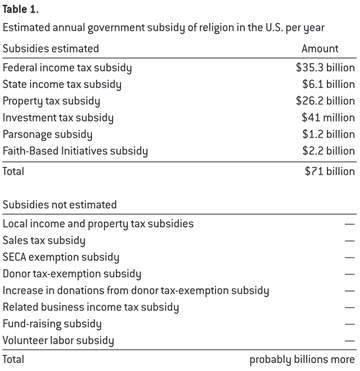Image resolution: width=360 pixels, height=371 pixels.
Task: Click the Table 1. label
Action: tap(21, 10)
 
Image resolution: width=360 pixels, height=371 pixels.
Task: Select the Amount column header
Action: tap(320, 49)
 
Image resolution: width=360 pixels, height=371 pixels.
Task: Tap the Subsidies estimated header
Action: tap(51, 49)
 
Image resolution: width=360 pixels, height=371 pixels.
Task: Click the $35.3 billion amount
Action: tap(325, 68)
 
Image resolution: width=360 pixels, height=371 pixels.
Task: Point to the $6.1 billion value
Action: tap(328, 84)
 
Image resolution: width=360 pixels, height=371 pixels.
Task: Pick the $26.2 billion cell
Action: tap(325, 101)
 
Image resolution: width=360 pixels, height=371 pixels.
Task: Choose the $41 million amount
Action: tap(328, 118)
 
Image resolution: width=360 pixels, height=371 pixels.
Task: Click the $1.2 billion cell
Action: tap(328, 134)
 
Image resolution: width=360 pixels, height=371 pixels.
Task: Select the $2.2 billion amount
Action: tap(328, 151)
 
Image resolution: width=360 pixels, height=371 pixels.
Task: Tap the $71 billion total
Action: tap(329, 171)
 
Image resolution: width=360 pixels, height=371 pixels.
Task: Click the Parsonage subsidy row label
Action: tap(47, 135)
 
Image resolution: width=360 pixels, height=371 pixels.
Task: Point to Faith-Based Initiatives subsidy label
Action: tap(75, 151)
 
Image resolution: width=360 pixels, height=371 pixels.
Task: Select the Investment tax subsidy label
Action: tap(58, 118)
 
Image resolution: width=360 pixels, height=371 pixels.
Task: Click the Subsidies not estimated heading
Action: tap(59, 204)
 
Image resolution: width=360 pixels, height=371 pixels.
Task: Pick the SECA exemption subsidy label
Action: tap(61, 257)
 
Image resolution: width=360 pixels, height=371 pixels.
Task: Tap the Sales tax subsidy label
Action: tap(44, 241)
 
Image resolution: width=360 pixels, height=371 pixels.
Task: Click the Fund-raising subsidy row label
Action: tap(52, 324)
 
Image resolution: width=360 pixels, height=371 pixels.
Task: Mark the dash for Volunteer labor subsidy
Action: tap(350, 341)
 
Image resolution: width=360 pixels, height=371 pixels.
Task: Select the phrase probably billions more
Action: tap(302, 360)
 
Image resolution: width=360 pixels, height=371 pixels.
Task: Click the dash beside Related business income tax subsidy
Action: tap(350, 307)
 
